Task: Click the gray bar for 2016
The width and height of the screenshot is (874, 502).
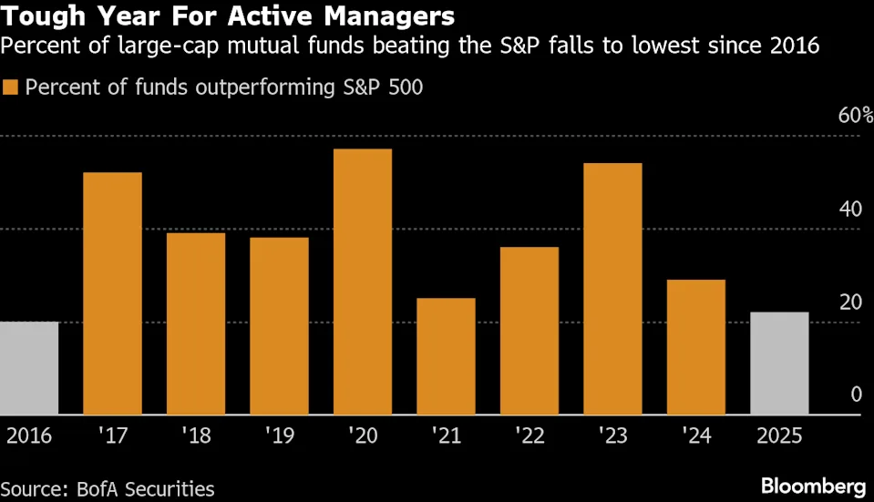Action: point(29,368)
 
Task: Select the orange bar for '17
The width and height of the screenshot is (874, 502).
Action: point(112,293)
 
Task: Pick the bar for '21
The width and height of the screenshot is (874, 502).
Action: point(446,356)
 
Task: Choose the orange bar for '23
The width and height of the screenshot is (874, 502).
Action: point(612,289)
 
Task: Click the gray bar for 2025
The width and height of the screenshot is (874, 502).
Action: point(779,364)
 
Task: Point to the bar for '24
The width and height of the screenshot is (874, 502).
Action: point(696,347)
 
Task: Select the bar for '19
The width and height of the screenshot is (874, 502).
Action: point(279,326)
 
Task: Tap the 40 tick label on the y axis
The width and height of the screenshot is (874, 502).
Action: point(849,209)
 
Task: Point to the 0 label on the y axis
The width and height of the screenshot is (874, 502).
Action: point(855,394)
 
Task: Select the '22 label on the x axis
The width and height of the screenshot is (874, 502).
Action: point(529,435)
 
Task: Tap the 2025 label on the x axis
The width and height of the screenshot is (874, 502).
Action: point(779,435)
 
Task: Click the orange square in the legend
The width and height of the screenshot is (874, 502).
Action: point(10,87)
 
